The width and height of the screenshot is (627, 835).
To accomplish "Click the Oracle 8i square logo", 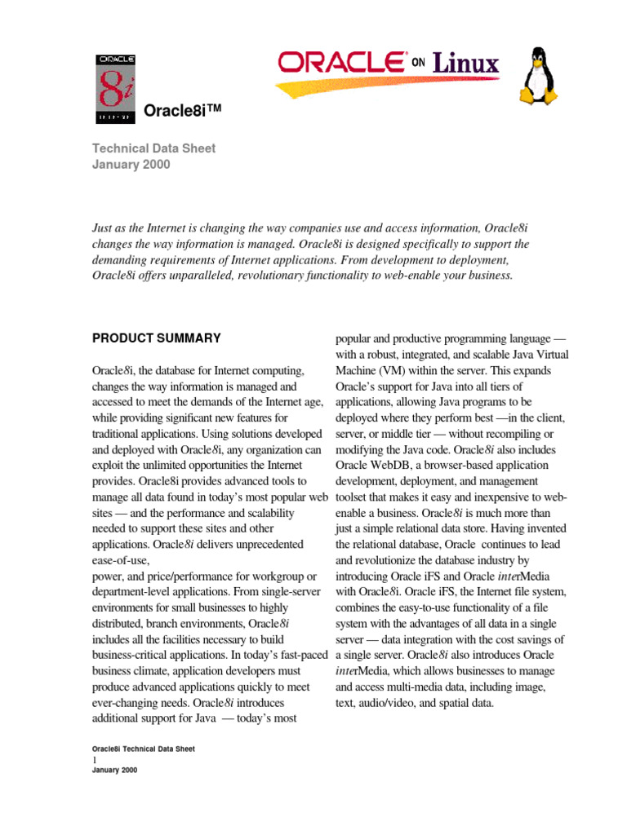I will [116, 89].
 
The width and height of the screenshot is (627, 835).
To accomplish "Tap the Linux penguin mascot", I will [539, 76].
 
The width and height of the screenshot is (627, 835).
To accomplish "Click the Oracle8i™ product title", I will [183, 111].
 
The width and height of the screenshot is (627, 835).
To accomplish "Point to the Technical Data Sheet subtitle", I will [153, 148].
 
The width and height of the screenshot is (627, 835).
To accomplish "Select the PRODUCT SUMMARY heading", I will [156, 338].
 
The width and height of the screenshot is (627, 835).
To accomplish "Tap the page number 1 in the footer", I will [95, 759].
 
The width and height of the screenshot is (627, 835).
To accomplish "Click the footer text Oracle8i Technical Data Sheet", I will [143, 749].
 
